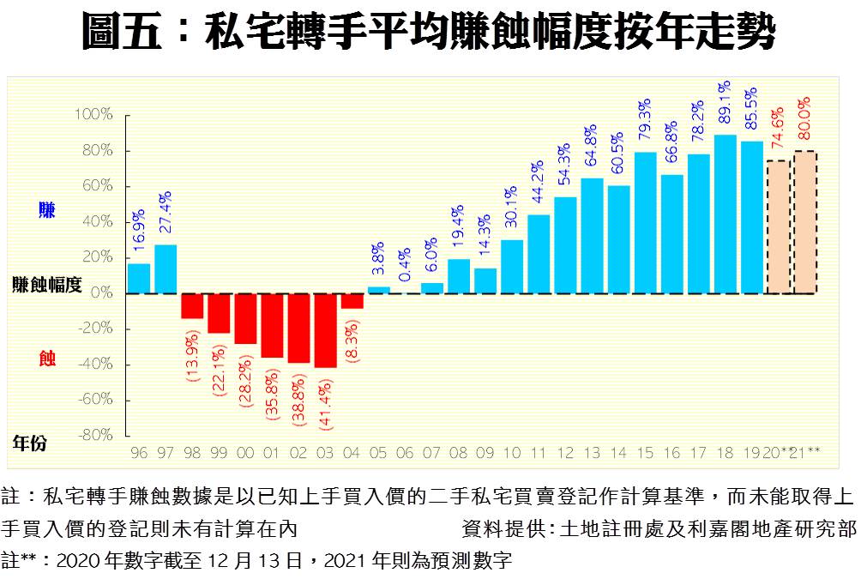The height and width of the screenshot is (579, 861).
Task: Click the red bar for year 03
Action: point(325,330)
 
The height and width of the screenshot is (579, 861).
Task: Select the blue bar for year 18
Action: point(726,214)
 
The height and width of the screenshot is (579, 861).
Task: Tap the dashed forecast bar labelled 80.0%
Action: point(804,222)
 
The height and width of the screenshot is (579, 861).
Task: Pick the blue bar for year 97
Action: point(166,269)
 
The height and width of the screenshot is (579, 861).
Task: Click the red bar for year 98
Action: point(192,306)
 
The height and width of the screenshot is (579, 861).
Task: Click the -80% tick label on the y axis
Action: point(95,436)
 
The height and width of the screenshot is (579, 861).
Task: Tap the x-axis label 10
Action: point(512,452)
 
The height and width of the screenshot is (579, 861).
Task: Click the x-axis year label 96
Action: point(138,452)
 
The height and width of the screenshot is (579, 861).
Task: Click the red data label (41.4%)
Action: point(326,400)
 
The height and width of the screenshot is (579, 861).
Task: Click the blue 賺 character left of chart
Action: point(46,209)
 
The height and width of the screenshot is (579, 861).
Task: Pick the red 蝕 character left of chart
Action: point(46,359)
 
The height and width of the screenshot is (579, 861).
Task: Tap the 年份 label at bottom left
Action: point(30,443)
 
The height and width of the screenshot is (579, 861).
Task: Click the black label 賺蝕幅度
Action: point(47,286)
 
